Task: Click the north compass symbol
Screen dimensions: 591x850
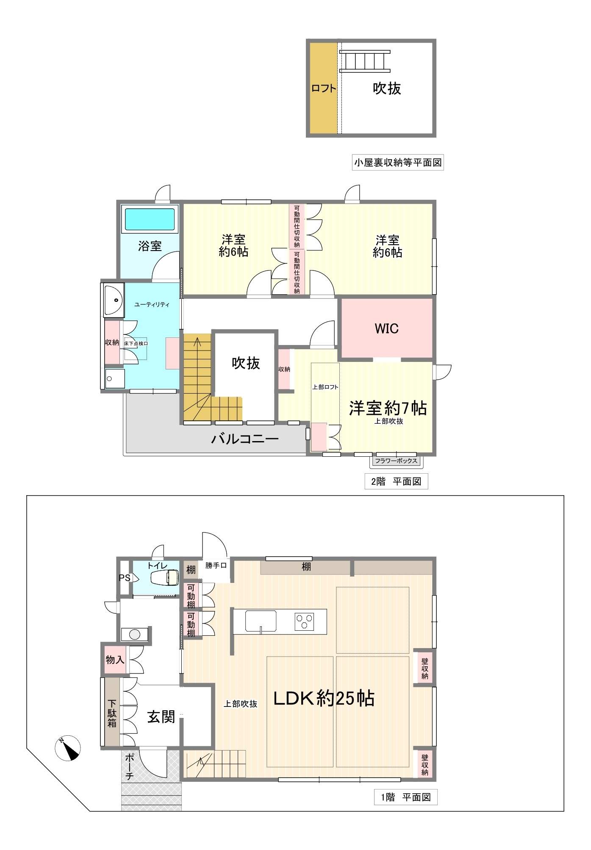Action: pyautogui.click(x=68, y=748)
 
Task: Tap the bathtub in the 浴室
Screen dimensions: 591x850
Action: pyautogui.click(x=150, y=219)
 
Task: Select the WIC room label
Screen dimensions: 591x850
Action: pyautogui.click(x=386, y=328)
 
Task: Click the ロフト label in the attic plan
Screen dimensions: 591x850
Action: pyautogui.click(x=324, y=88)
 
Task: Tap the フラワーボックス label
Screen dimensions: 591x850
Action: pyautogui.click(x=396, y=461)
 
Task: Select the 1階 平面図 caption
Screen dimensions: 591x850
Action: pyautogui.click(x=406, y=798)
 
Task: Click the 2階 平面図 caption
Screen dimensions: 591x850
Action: pyautogui.click(x=396, y=481)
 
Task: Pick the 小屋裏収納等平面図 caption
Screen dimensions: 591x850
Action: pyautogui.click(x=398, y=163)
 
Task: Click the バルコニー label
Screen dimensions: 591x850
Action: pyautogui.click(x=245, y=439)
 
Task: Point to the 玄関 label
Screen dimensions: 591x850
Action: pyautogui.click(x=161, y=716)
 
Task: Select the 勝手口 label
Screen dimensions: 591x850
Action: pyautogui.click(x=216, y=565)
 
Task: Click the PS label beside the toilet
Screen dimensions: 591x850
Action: pyautogui.click(x=125, y=578)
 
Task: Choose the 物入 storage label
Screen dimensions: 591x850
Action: pyautogui.click(x=115, y=659)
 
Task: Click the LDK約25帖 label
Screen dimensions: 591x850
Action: pyautogui.click(x=324, y=698)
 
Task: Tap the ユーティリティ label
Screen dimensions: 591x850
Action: pyautogui.click(x=152, y=304)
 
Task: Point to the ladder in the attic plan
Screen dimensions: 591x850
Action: pyautogui.click(x=365, y=61)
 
